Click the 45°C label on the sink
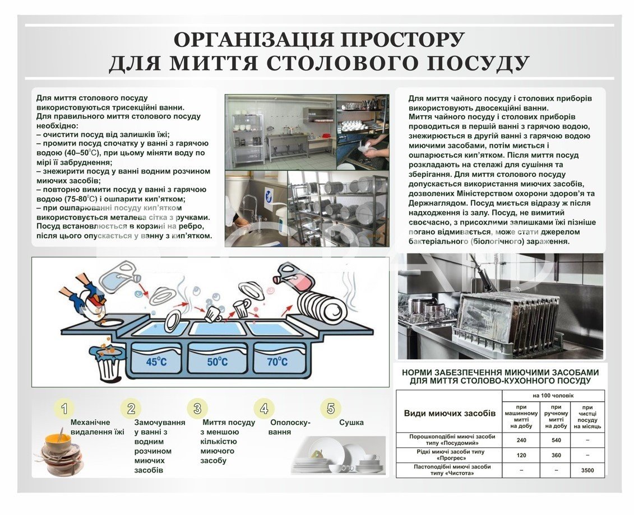[x=156, y=362]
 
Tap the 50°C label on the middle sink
[x=217, y=362]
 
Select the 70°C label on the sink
[x=277, y=362]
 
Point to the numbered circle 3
[x=197, y=408]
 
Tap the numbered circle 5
[x=331, y=408]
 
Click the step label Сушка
[x=351, y=423]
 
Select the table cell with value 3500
[x=587, y=470]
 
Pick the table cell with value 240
[x=521, y=440]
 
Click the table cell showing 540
[x=556, y=440]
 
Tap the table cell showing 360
[x=556, y=455]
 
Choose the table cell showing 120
[x=521, y=455]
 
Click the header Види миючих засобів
[x=450, y=413]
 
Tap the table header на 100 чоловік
[x=553, y=396]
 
